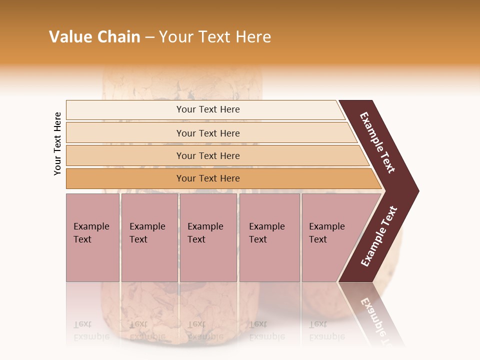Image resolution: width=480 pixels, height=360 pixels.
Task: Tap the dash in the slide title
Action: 149,37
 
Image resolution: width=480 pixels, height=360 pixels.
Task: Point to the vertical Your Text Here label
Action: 57,143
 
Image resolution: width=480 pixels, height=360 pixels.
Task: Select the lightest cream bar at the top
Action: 207,109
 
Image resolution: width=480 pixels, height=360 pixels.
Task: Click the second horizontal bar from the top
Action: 207,133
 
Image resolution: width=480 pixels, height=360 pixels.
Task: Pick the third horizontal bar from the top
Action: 207,155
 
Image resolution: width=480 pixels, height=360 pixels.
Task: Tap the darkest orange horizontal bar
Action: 207,178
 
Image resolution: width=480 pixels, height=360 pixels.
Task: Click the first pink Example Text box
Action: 92,237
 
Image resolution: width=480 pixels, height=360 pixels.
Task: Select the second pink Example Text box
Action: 149,237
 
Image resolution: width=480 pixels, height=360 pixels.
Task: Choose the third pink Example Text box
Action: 207,237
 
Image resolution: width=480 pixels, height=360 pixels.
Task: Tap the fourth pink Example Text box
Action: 269,237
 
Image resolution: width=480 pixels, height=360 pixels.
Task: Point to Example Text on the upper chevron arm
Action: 377,142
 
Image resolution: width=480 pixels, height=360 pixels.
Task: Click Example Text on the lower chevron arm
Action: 378,236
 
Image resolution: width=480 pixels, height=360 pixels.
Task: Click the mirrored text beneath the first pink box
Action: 91,331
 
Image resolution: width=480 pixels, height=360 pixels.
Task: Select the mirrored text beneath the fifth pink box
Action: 326,331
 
